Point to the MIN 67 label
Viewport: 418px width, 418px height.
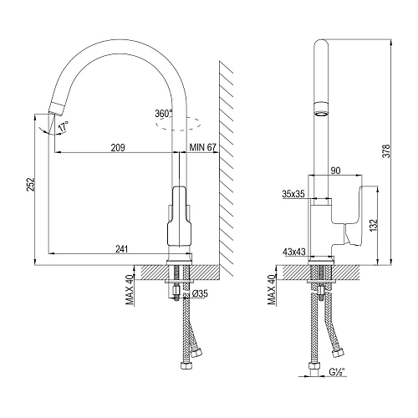click(203, 147)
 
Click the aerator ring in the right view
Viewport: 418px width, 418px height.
click(320, 109)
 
